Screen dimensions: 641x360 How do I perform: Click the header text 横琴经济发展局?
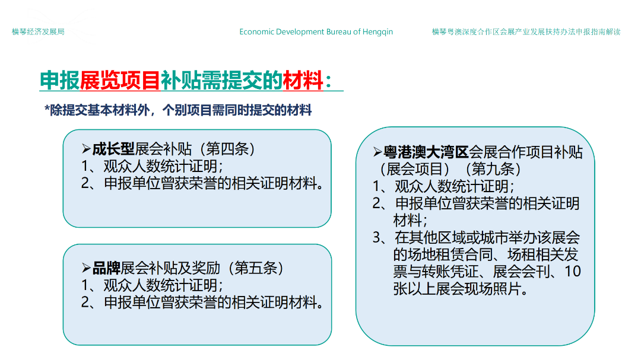(38, 32)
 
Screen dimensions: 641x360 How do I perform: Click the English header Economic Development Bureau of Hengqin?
(316, 32)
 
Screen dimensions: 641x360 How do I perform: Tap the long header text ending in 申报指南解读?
(526, 32)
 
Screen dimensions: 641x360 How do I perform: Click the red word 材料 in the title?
(303, 80)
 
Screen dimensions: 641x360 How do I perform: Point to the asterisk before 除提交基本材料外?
(47, 109)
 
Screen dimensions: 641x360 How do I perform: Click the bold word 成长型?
(113, 149)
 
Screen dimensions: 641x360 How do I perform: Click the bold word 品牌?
(106, 269)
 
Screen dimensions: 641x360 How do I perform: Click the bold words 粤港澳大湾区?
(426, 152)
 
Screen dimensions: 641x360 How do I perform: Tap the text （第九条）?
(493, 169)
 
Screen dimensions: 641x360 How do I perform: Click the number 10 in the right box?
(573, 271)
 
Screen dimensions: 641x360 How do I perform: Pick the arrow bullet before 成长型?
(86, 149)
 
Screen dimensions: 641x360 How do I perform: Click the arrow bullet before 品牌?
(86, 269)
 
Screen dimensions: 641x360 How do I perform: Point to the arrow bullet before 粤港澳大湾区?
(377, 152)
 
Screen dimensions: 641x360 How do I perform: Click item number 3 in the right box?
(376, 238)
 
